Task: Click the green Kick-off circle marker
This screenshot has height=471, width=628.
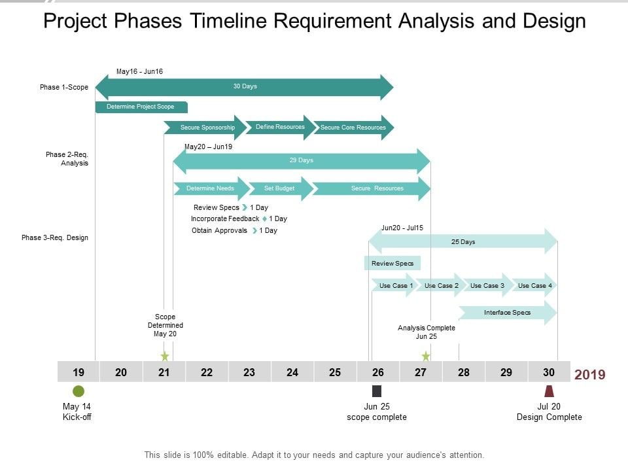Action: [x=78, y=391]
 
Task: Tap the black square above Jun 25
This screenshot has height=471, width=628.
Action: [x=377, y=391]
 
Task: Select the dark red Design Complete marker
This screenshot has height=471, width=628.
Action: [x=549, y=391]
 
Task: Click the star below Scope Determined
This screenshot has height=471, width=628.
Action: [x=165, y=356]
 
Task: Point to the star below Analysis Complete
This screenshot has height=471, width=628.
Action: [x=426, y=356]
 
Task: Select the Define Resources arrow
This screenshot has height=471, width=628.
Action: [x=279, y=127]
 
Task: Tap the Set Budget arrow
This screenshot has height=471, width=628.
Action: [x=279, y=188]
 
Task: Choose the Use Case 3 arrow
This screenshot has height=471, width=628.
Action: [x=487, y=286]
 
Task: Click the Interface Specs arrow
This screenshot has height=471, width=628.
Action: [x=508, y=313]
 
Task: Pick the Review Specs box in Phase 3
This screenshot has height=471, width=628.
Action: [x=392, y=264]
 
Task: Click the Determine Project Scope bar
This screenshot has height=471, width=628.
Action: [x=141, y=107]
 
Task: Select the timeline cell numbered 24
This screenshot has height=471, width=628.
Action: [x=292, y=372]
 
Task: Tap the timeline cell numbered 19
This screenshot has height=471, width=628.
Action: [x=78, y=372]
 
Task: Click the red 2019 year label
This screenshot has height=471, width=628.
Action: [x=589, y=375]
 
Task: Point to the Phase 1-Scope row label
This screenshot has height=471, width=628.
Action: [x=64, y=87]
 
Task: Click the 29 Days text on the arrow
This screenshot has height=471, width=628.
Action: [x=301, y=160]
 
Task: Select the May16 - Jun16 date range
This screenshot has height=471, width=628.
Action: [x=139, y=71]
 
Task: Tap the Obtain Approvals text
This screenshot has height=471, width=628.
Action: [x=219, y=230]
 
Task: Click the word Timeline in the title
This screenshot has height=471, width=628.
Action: [x=228, y=21]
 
